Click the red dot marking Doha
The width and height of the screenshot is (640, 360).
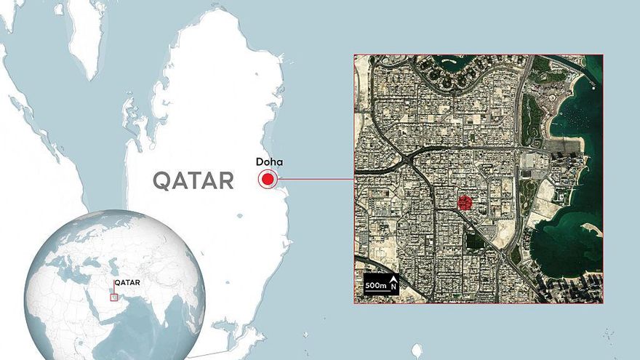(268, 179)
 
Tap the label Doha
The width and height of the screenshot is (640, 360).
(269, 162)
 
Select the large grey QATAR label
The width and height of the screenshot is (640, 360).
(193, 180)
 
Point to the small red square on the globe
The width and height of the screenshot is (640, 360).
(113, 297)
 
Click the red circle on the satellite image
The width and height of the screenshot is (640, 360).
(465, 203)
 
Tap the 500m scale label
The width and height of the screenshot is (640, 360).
(376, 285)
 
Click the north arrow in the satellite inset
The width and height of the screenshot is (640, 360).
(393, 284)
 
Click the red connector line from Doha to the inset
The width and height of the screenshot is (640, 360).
(316, 179)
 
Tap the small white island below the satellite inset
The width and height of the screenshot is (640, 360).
(417, 351)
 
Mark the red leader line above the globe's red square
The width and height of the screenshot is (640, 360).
(113, 287)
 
